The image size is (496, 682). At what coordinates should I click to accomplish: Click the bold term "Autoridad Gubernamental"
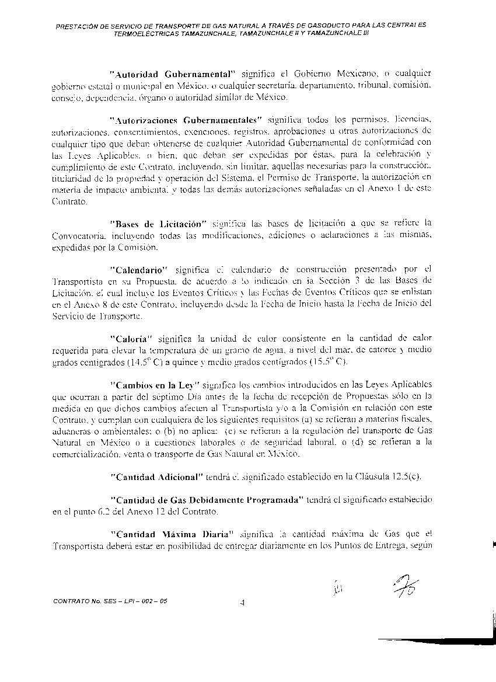tap(172, 74)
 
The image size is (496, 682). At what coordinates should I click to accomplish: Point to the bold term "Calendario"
tap(139, 269)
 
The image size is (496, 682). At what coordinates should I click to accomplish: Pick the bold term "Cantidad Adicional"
tap(156, 476)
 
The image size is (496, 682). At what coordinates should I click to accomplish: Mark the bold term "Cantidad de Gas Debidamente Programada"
tap(206, 500)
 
